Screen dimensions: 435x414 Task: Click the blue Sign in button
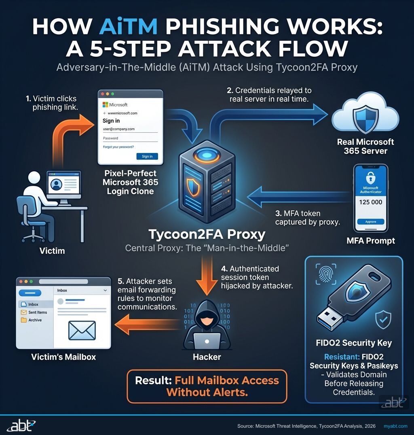tap(147, 156)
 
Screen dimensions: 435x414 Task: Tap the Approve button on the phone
tap(370, 222)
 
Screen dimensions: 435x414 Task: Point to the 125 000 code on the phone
tap(370, 202)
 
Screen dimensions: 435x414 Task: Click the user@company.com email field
tap(129, 129)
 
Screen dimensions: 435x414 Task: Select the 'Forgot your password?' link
tap(118, 147)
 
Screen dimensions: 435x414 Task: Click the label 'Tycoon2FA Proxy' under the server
tap(207, 234)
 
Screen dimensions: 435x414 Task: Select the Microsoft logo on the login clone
tap(106, 105)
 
